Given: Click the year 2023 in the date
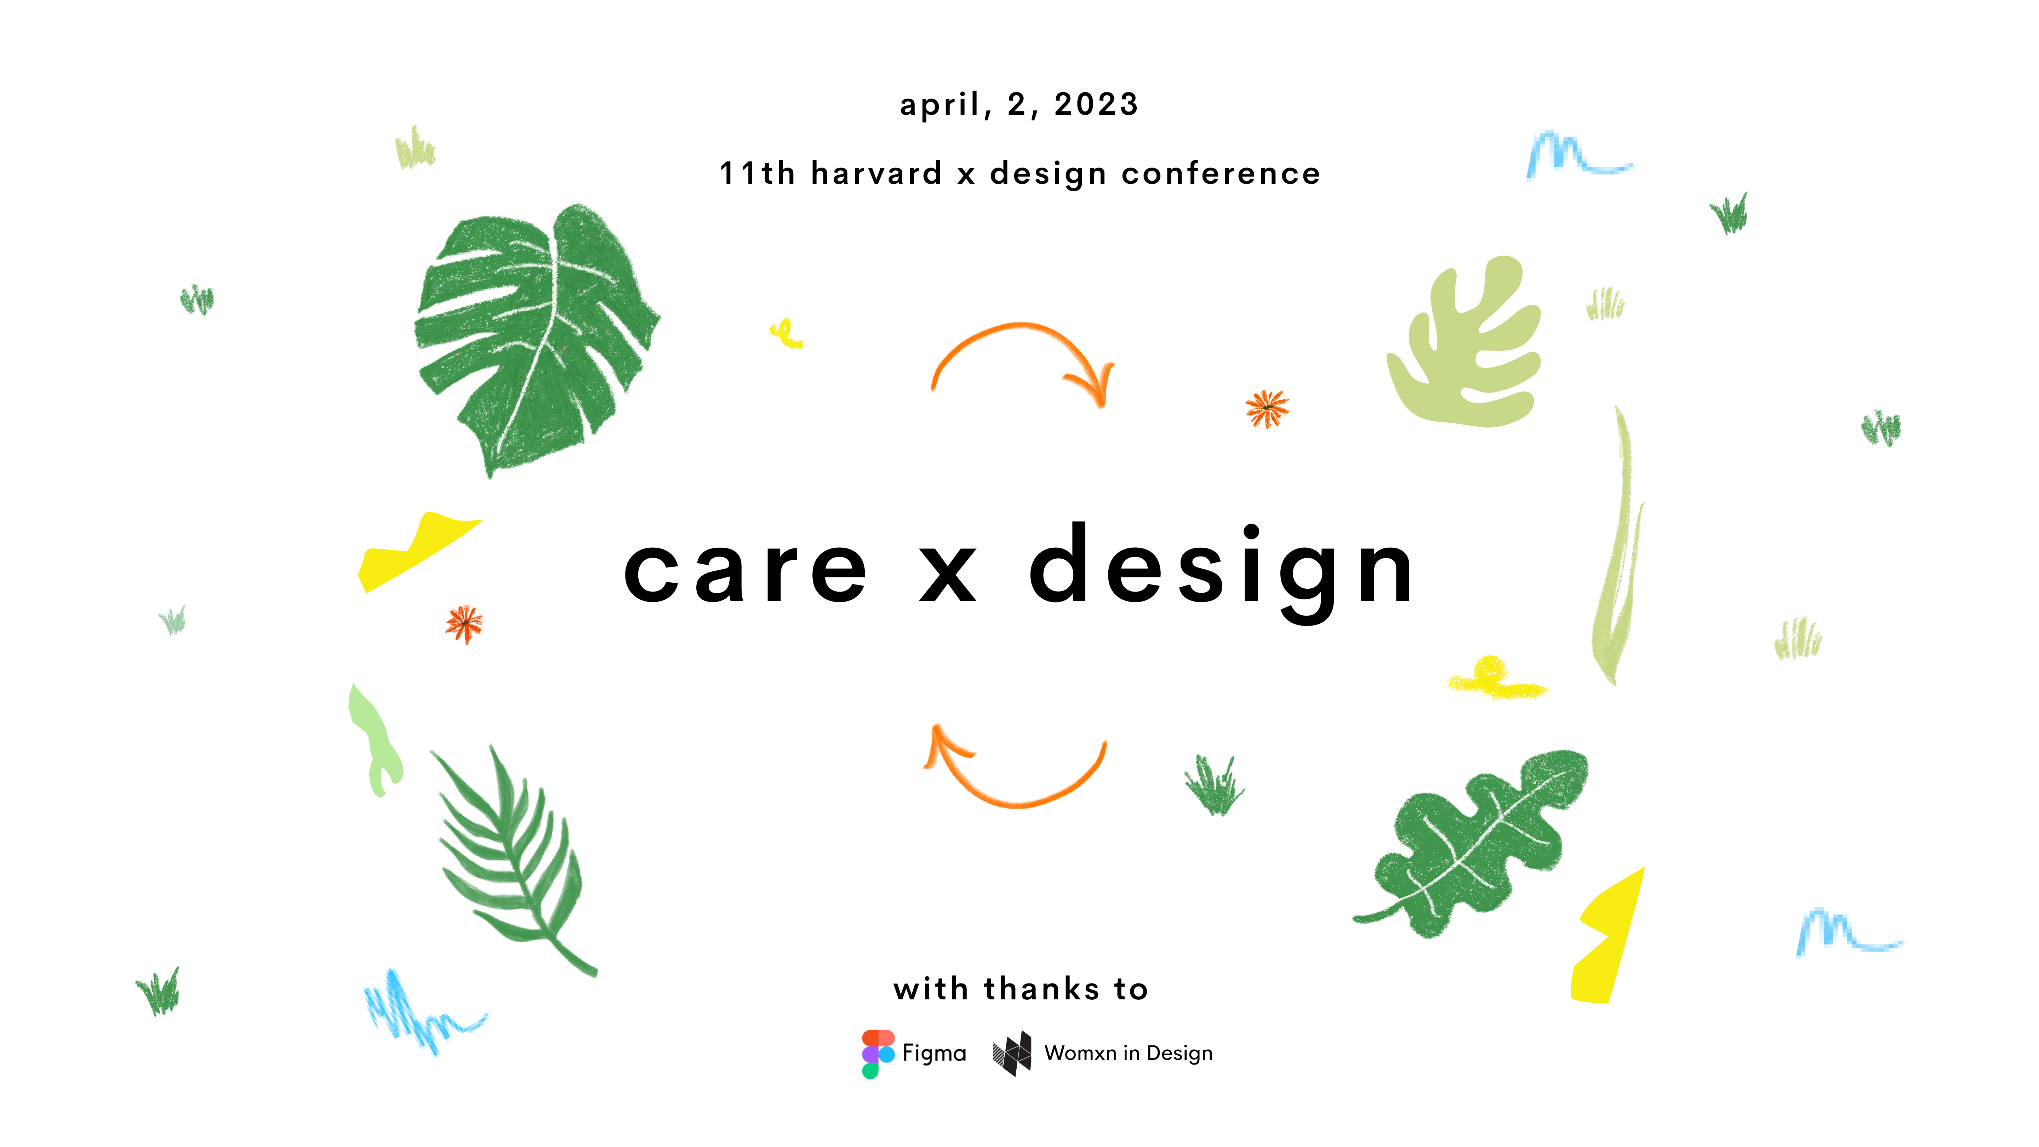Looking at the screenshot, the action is click(x=1096, y=104).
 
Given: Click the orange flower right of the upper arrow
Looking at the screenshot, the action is click(x=1267, y=409).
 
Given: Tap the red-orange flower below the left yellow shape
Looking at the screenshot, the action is click(x=464, y=624).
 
